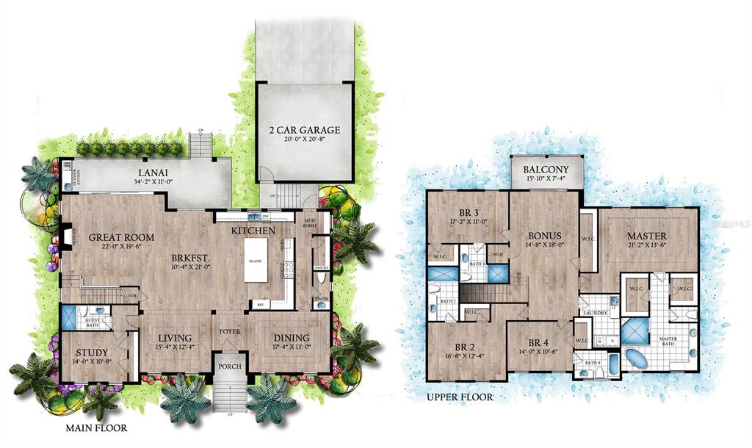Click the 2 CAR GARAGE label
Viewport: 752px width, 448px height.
click(x=304, y=130)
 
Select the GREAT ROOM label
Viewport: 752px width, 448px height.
click(x=121, y=237)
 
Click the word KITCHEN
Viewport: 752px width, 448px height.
click(x=253, y=231)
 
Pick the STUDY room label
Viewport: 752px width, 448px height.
click(x=93, y=353)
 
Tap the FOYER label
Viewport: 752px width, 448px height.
click(x=230, y=331)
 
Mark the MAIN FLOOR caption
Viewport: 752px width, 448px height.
click(x=96, y=427)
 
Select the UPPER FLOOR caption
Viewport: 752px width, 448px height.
click(x=459, y=397)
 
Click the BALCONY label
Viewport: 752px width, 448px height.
click(x=547, y=170)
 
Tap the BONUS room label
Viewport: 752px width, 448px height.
click(x=545, y=236)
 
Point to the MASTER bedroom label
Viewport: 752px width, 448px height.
click(x=646, y=236)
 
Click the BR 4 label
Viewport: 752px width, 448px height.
click(x=538, y=342)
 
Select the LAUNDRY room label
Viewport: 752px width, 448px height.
click(x=595, y=313)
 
